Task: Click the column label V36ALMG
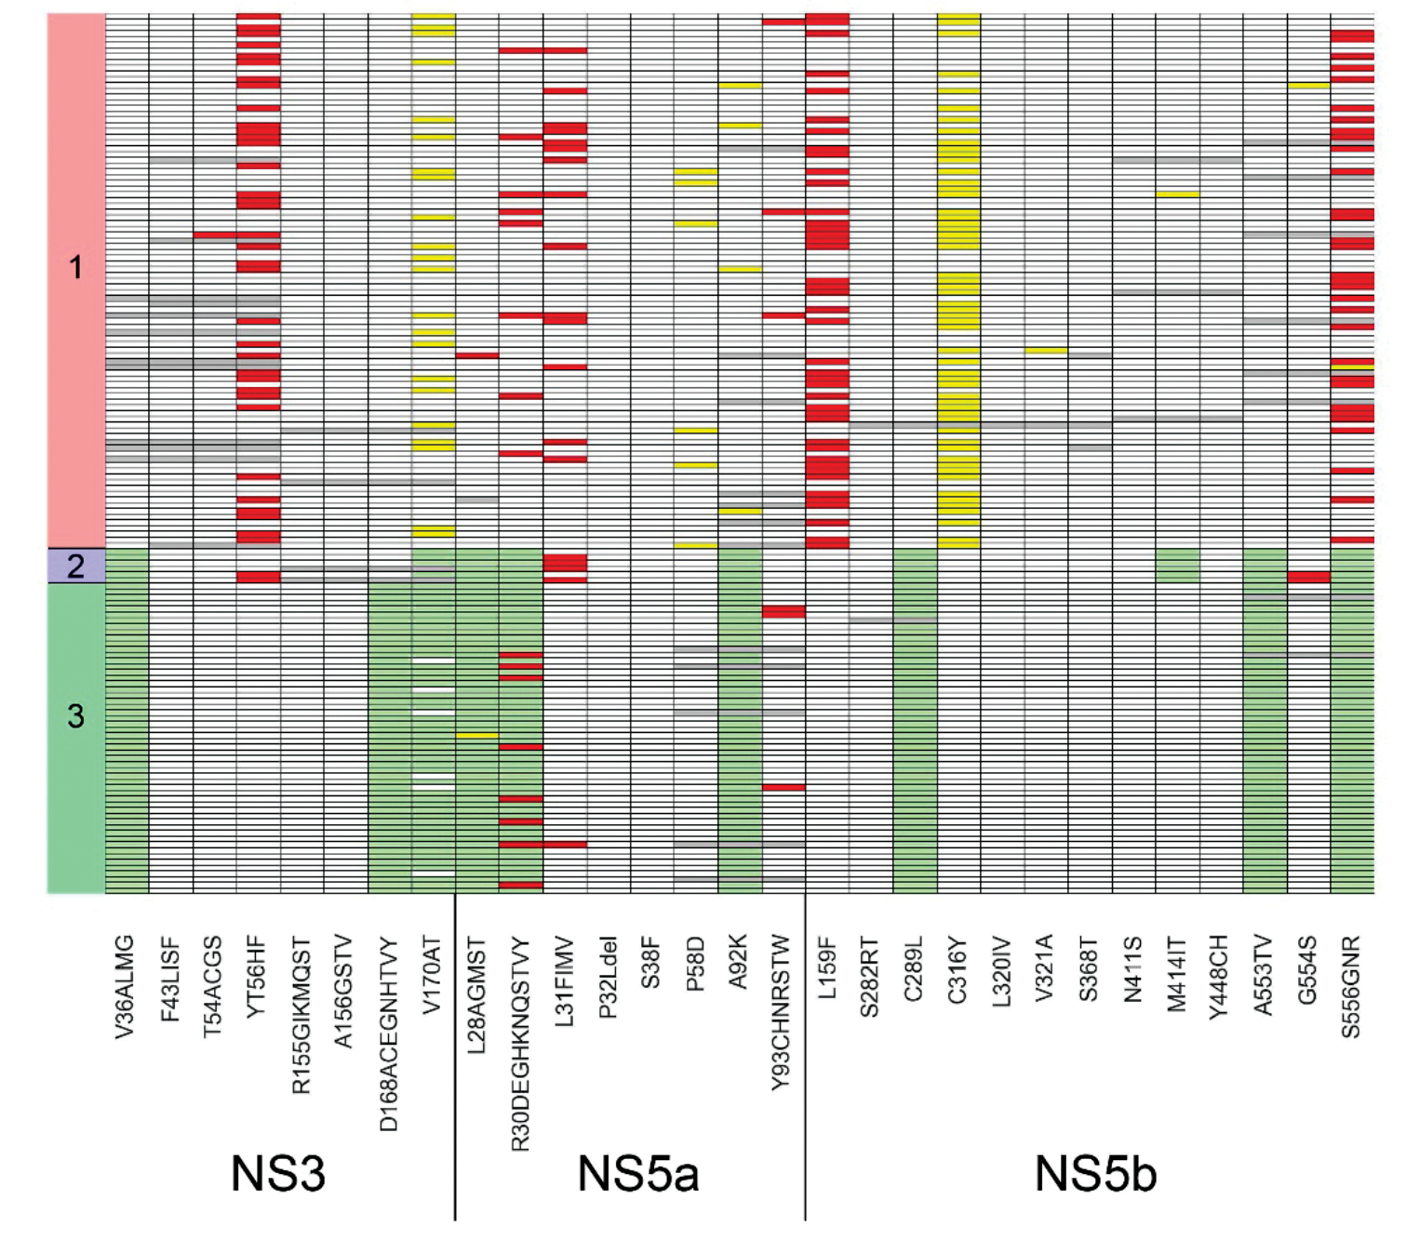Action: tap(126, 986)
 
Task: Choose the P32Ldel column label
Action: tap(609, 977)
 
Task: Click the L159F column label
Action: tap(827, 967)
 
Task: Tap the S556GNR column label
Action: tap(1352, 986)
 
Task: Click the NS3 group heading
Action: tap(277, 1174)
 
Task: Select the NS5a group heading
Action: tap(637, 1174)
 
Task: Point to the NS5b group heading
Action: tap(1095, 1174)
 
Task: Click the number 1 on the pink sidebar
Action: tap(75, 269)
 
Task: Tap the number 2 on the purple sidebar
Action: tap(75, 566)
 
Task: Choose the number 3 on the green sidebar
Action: tap(75, 716)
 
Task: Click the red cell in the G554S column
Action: tap(1308, 578)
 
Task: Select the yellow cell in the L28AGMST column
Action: tap(477, 736)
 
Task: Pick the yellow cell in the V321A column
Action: tap(1046, 351)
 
